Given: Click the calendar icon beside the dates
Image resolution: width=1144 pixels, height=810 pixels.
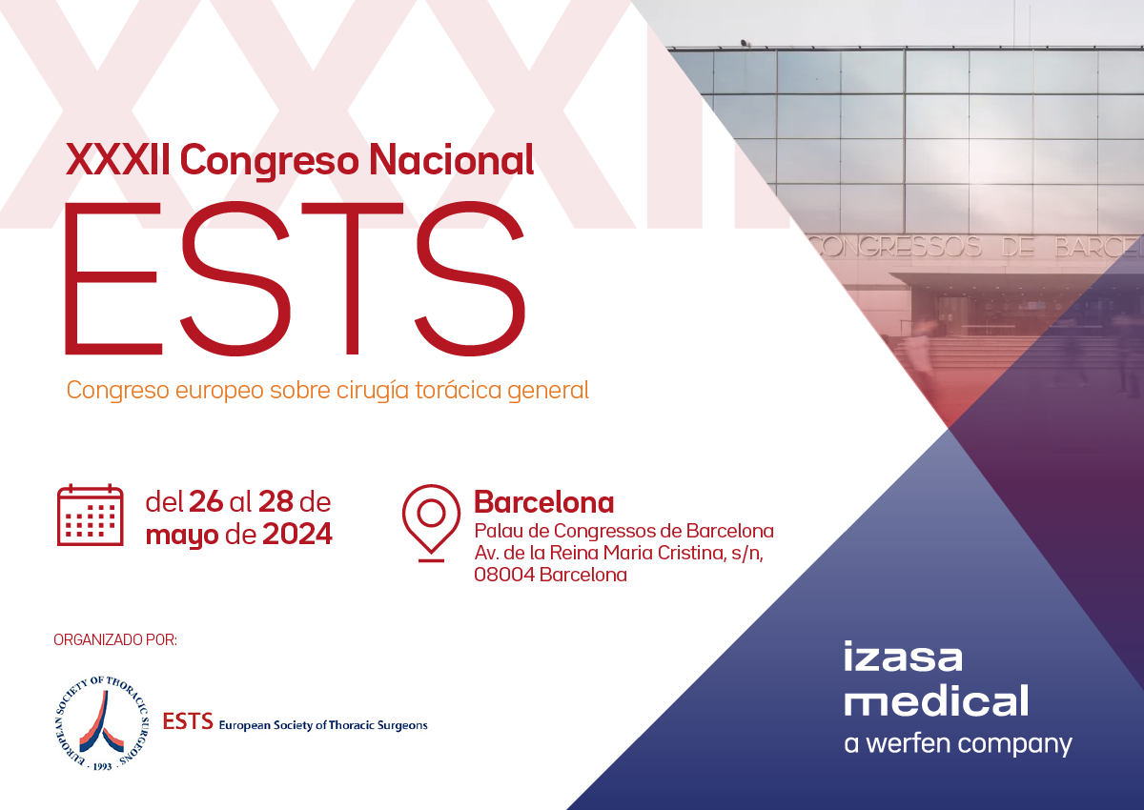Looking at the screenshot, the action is [x=90, y=515].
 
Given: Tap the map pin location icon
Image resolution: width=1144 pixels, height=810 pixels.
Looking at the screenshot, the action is [x=431, y=522].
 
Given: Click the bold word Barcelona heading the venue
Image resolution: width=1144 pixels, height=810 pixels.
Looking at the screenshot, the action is [x=544, y=502].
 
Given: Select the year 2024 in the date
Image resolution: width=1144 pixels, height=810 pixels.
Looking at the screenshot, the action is [x=297, y=535].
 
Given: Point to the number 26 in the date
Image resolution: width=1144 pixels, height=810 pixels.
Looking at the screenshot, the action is [x=206, y=501].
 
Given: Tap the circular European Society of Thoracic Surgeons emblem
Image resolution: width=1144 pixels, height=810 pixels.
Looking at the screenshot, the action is [x=102, y=722].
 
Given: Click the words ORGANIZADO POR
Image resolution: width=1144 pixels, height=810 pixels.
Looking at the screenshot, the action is [x=115, y=640].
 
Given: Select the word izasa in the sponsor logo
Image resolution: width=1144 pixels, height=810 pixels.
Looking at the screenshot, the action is [x=903, y=657].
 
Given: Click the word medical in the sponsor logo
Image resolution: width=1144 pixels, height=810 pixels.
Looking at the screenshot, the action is [x=936, y=700].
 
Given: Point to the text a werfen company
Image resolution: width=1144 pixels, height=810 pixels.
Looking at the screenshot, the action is [x=958, y=744].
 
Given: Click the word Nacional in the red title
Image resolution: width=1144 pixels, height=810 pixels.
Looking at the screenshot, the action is [x=452, y=160].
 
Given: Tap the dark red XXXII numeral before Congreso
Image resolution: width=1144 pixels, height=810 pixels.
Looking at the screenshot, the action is [x=117, y=160].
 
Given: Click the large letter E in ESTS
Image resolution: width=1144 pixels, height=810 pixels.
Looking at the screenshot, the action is [x=113, y=278].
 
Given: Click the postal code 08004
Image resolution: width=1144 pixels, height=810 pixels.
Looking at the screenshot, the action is [x=504, y=576].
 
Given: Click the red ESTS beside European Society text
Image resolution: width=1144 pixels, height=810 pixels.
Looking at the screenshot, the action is [x=188, y=721].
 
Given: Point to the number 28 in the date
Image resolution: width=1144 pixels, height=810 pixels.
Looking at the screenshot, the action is [x=276, y=501].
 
